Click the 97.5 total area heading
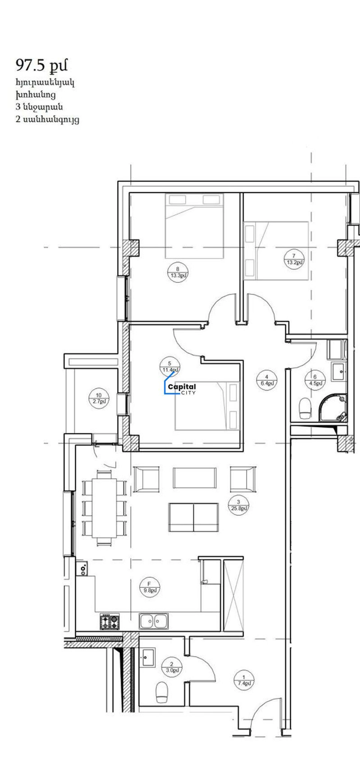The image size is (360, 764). (41, 66)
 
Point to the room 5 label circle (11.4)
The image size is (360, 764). (170, 367)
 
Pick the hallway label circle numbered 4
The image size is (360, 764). (267, 380)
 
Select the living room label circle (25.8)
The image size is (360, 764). (239, 505)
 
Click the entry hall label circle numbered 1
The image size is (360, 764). (244, 680)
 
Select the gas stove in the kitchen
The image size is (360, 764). (110, 621)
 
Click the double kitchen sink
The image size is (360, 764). (154, 621)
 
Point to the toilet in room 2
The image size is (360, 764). (162, 692)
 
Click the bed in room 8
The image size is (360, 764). (194, 226)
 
